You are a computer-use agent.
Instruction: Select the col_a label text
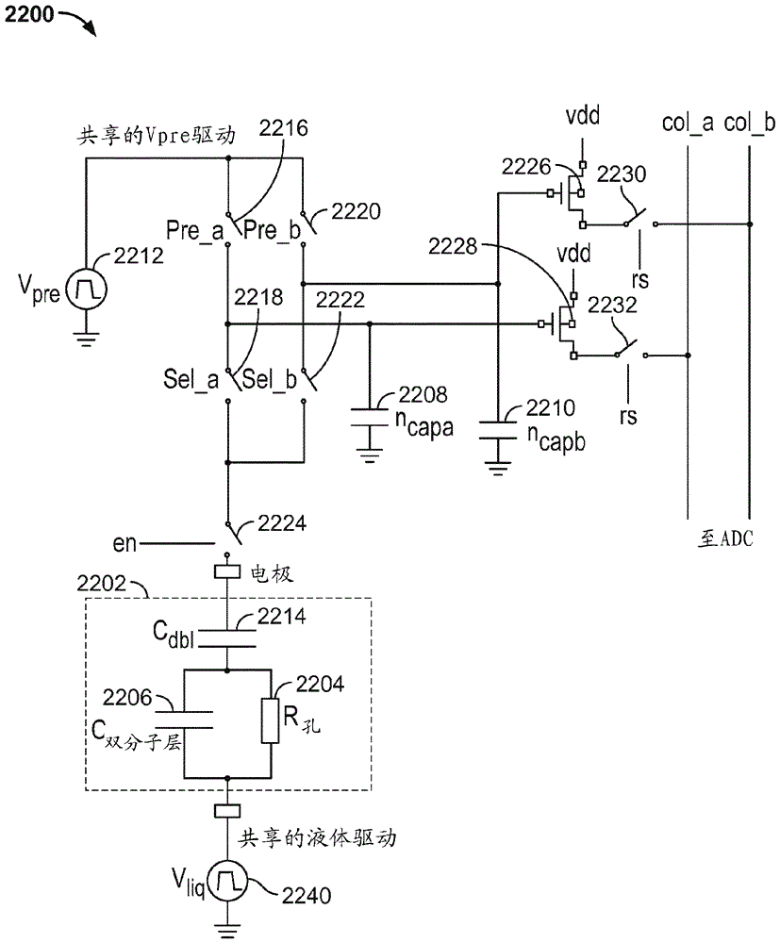687,124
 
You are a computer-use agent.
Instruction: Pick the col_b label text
750,124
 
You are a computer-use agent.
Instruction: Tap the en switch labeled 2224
230,536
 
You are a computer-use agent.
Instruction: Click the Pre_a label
193,229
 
